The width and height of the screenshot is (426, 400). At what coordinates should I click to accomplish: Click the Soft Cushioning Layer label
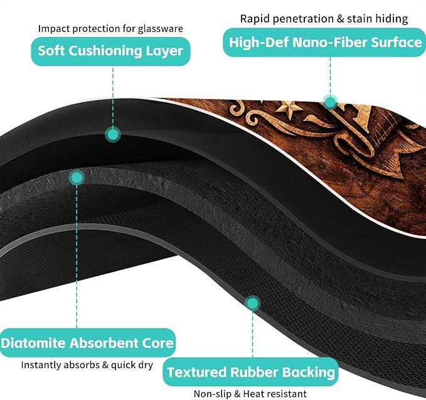click(x=110, y=51)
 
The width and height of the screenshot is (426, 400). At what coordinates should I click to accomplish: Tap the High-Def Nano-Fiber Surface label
click(x=324, y=43)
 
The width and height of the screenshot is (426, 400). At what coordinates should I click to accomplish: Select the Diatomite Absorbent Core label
click(x=87, y=343)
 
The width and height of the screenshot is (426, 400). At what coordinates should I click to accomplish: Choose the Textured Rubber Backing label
click(x=250, y=372)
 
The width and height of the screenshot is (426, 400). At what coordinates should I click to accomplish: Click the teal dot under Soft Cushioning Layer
click(x=113, y=134)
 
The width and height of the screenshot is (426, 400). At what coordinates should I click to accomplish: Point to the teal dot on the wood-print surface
click(x=331, y=102)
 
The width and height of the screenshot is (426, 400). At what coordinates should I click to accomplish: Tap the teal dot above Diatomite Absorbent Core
click(x=77, y=178)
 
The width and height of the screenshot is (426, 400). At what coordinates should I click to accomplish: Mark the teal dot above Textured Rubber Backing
click(x=253, y=303)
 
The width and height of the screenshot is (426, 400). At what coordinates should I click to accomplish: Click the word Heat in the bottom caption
click(x=253, y=394)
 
